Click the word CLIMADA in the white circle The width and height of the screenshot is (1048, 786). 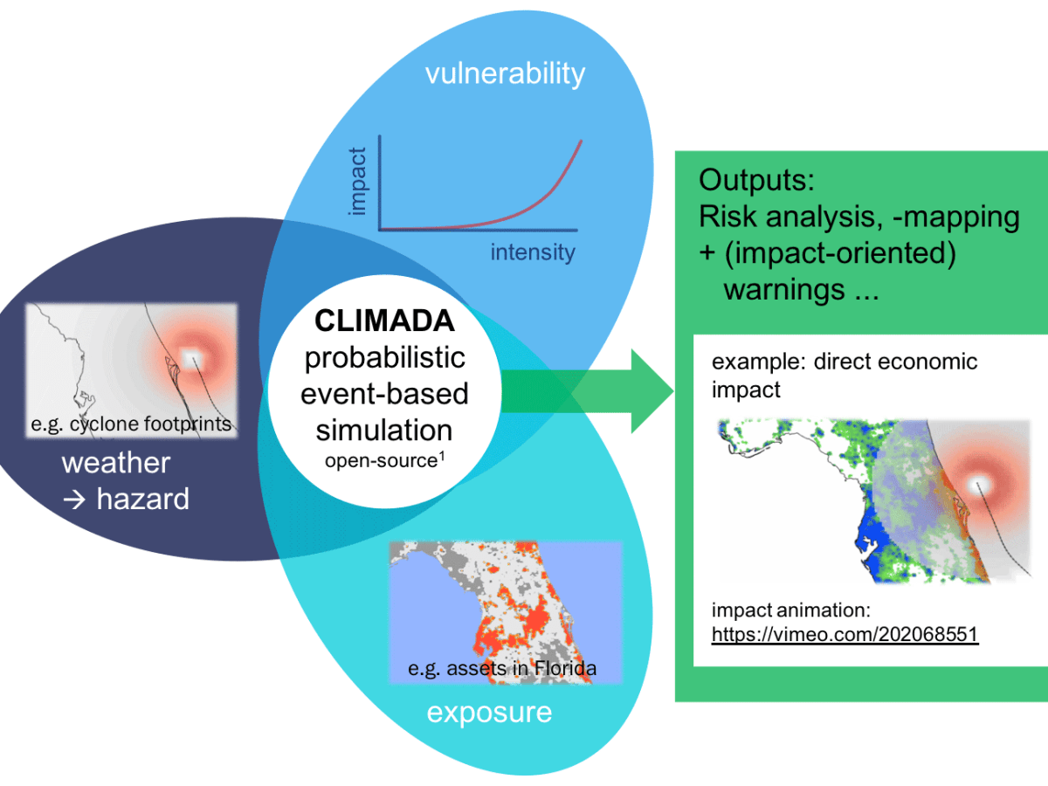click(x=384, y=321)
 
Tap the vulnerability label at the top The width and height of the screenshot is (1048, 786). click(x=505, y=73)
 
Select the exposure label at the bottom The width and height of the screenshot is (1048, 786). click(x=489, y=712)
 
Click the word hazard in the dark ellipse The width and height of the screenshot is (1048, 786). click(x=142, y=499)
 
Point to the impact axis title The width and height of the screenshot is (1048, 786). click(x=357, y=181)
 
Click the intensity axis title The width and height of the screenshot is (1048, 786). click(x=532, y=253)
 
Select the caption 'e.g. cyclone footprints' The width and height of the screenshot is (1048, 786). click(x=131, y=424)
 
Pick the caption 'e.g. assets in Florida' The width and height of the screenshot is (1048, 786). click(x=503, y=670)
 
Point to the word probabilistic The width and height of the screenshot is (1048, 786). click(x=384, y=357)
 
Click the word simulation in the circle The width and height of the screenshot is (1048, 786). click(x=384, y=429)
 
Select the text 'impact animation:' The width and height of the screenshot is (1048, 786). click(x=791, y=610)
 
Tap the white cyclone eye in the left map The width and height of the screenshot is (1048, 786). click(x=190, y=355)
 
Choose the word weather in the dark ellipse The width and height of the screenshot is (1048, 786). click(x=116, y=462)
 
